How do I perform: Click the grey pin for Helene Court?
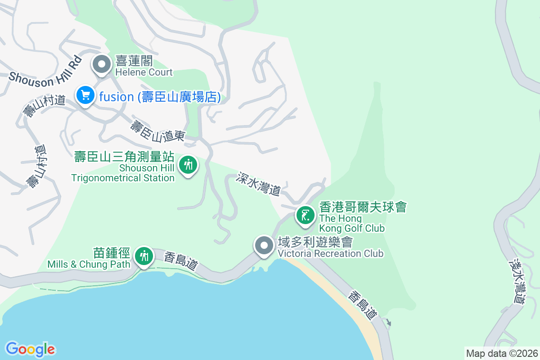[x=102, y=64]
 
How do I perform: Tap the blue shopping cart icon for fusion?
[x=85, y=95]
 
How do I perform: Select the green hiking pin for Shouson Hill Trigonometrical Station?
[x=188, y=165]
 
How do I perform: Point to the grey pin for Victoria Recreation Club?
[x=264, y=246]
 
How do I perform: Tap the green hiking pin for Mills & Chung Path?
[x=144, y=256]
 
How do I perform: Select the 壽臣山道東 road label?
[x=158, y=130]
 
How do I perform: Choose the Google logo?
[x=30, y=349]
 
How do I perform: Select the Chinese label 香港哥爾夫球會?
[x=363, y=207]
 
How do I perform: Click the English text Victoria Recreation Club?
[x=331, y=253]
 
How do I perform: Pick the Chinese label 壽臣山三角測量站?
[x=124, y=157]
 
